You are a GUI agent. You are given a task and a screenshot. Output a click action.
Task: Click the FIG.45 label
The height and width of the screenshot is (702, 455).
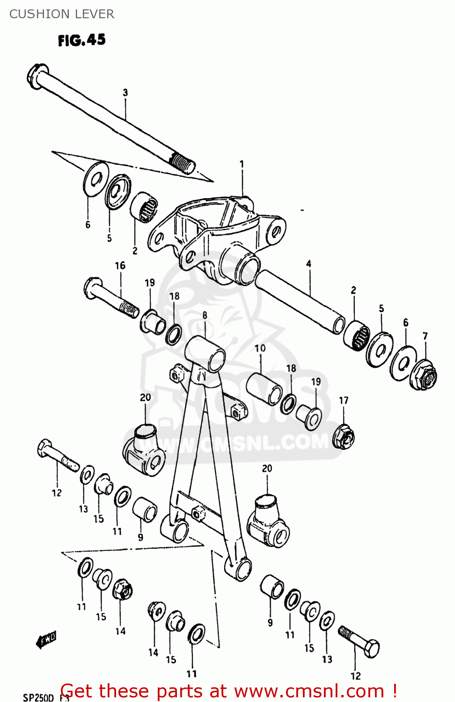(x=81, y=40)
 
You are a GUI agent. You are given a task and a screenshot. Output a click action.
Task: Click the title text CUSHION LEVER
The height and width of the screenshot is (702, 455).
(x=61, y=14)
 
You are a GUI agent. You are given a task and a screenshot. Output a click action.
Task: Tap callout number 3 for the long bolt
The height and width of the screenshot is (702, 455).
(x=125, y=93)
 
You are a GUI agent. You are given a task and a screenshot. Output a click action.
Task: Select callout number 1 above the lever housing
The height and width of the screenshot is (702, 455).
(x=242, y=164)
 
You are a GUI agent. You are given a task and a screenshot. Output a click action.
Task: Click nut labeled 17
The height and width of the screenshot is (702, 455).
(x=344, y=436)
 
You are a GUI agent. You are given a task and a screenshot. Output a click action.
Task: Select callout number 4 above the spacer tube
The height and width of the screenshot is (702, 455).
(x=308, y=264)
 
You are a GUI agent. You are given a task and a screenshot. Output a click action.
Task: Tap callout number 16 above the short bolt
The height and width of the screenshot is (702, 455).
(x=120, y=265)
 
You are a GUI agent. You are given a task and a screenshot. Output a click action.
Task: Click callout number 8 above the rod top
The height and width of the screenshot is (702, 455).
(x=205, y=315)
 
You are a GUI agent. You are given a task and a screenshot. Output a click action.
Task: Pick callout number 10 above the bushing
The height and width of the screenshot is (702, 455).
(x=260, y=348)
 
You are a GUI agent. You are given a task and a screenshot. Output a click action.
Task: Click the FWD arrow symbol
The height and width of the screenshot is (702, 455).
(x=46, y=639)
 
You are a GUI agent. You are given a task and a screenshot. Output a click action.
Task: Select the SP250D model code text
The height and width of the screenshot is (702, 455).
(x=38, y=698)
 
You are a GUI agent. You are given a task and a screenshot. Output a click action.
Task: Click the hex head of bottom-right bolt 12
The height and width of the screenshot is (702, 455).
(x=372, y=649)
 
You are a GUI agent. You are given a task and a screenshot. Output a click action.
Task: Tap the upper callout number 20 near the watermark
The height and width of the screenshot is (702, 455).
(x=145, y=397)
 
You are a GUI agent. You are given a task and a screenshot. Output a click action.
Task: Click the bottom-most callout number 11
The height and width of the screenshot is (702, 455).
(x=191, y=674)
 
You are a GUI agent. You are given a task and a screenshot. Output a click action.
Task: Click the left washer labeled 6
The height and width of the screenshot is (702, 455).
(x=95, y=179)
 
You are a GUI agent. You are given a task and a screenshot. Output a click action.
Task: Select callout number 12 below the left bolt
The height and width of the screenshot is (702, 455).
(x=57, y=493)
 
